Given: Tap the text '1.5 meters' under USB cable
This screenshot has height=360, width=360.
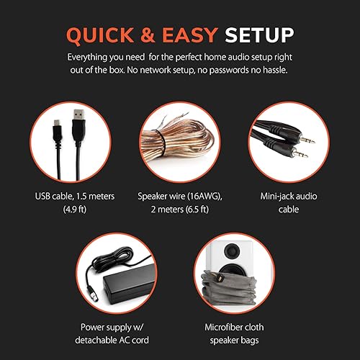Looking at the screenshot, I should click(100, 194).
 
